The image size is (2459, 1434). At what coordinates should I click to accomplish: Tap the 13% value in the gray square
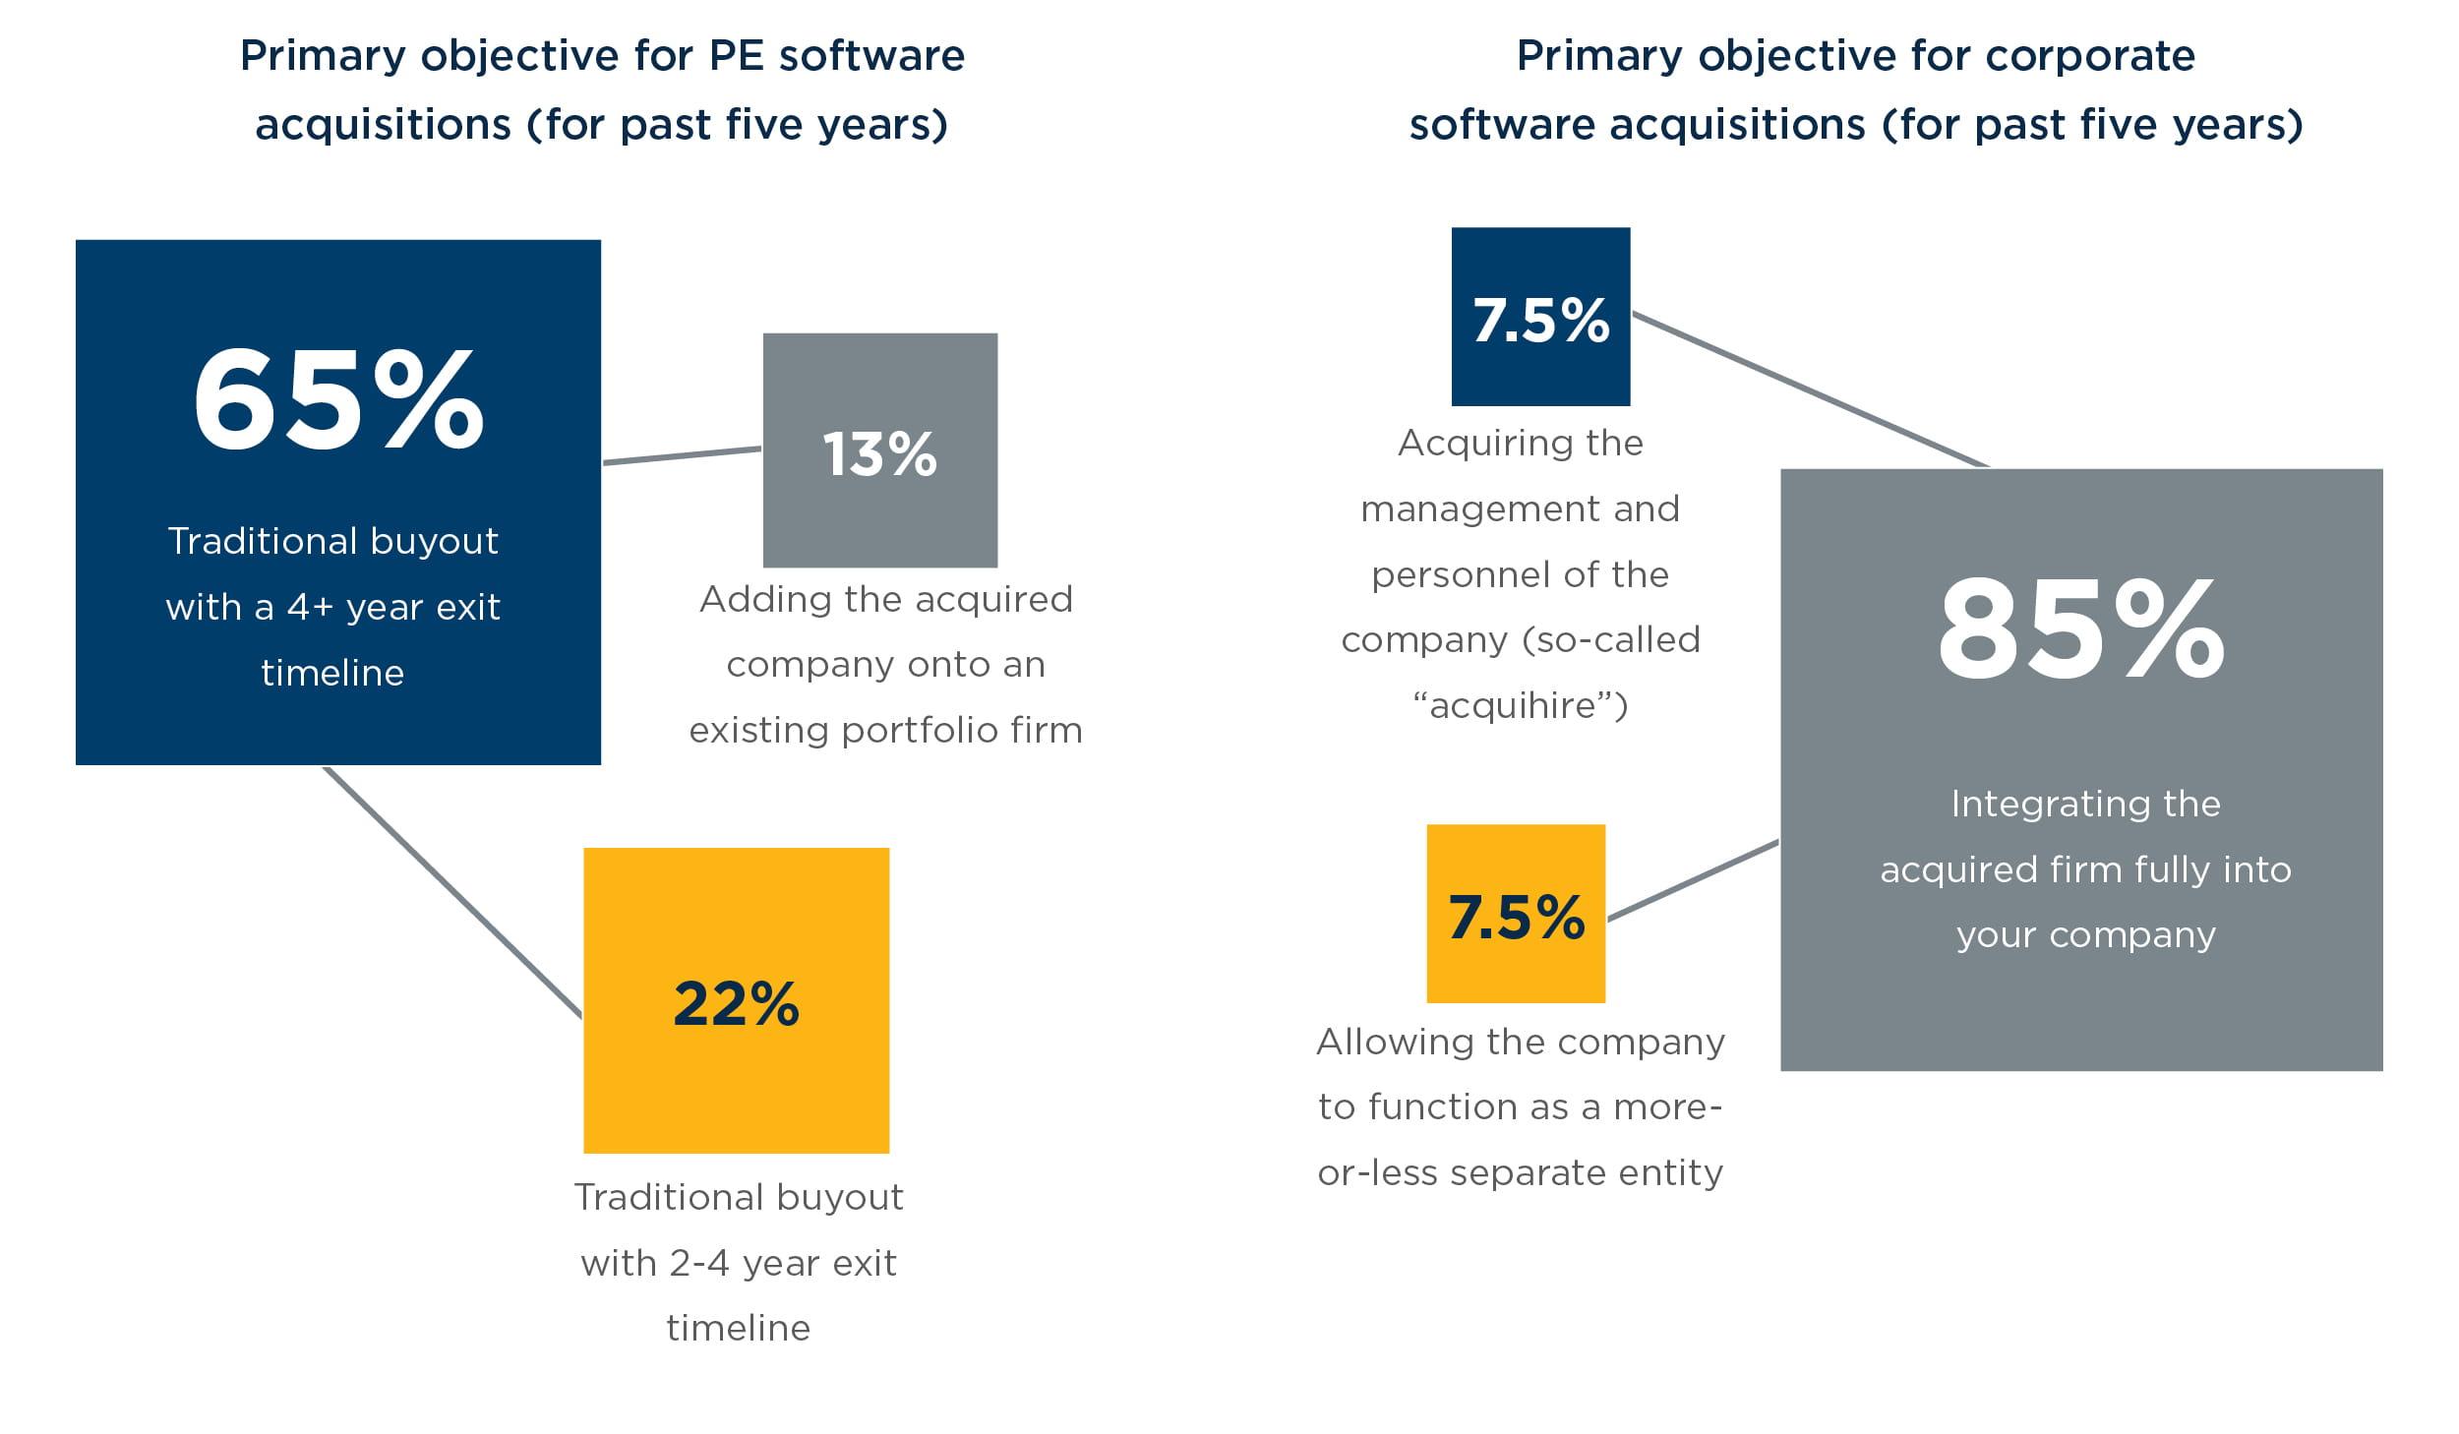click(880, 454)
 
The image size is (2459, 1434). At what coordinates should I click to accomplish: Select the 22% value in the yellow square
click(737, 1004)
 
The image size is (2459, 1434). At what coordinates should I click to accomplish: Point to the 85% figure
click(2080, 629)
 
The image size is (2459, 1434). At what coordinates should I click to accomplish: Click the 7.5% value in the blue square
click(1541, 321)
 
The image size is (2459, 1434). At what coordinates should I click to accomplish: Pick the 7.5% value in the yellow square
click(1517, 917)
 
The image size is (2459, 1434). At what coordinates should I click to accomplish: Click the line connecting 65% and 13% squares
click(682, 455)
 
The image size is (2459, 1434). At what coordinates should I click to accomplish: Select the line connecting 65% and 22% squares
click(452, 891)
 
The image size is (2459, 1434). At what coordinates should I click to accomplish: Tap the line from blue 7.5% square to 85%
click(1810, 389)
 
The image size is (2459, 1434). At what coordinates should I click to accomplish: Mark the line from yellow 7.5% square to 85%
click(1694, 881)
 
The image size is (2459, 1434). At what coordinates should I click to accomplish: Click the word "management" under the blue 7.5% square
click(1449, 509)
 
